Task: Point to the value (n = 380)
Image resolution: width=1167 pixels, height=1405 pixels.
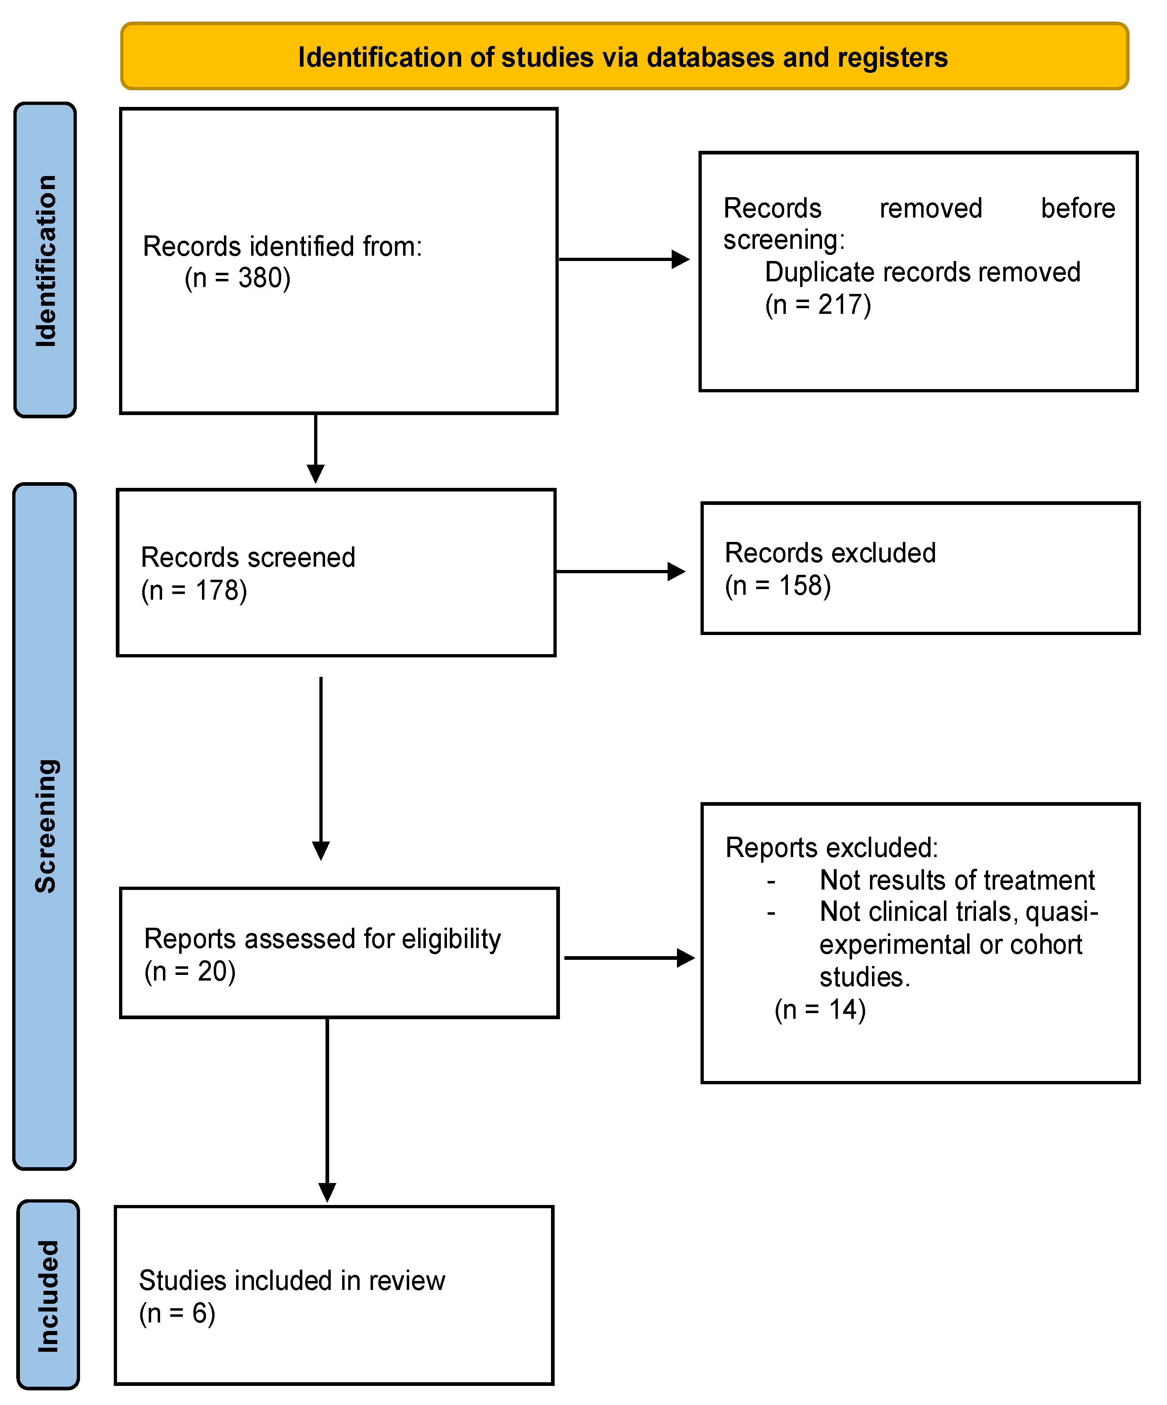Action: (x=237, y=278)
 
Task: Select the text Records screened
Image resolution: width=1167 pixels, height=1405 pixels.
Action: (x=247, y=557)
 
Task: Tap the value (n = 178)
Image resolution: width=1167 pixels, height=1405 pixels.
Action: (x=194, y=590)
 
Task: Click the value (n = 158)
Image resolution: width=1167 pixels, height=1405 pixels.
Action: (x=778, y=585)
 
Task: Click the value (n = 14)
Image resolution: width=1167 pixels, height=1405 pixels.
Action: (x=820, y=1009)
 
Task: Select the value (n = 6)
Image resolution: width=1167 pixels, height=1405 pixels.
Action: (x=177, y=1314)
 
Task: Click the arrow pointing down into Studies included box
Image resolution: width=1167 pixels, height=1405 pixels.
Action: (x=327, y=1111)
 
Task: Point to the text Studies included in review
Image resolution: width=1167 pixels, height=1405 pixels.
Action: (x=292, y=1281)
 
